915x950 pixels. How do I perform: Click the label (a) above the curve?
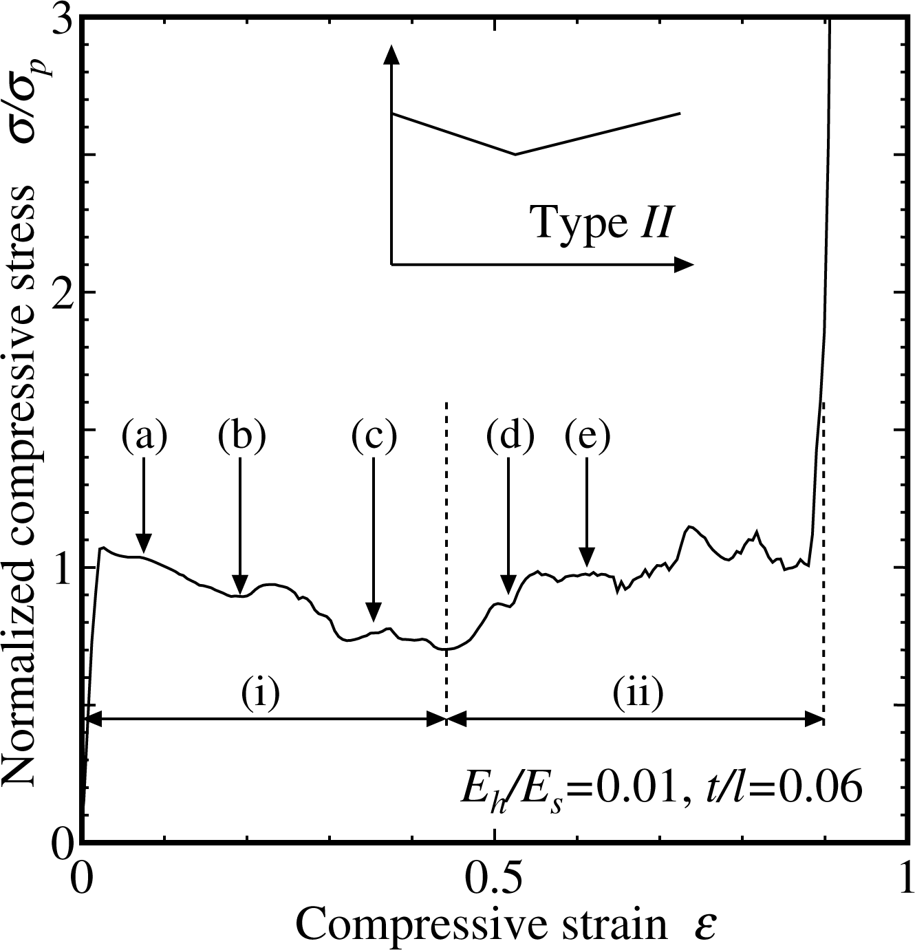[x=144, y=437]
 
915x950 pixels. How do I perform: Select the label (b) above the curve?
[x=241, y=437]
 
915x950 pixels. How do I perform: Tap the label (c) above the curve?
[x=374, y=437]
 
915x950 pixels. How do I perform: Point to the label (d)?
[x=510, y=437]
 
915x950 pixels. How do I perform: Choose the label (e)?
[x=588, y=437]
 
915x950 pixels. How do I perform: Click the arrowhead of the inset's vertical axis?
[x=391, y=54]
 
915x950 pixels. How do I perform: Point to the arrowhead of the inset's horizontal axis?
[x=684, y=264]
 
